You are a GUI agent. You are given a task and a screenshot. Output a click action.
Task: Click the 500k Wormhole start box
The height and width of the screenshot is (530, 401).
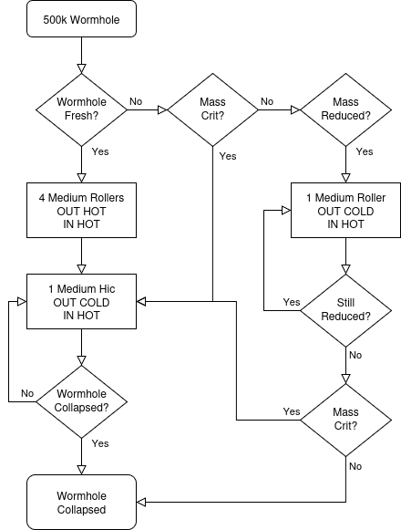[81, 19]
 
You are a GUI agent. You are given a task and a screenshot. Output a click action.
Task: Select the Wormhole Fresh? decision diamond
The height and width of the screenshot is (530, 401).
[81, 109]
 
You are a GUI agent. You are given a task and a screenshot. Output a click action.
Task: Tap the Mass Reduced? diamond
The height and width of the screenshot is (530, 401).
[345, 109]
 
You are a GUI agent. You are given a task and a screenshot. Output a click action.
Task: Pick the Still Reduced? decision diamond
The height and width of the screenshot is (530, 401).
[345, 310]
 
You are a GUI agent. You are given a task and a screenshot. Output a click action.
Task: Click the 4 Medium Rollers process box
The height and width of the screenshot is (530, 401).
[81, 210]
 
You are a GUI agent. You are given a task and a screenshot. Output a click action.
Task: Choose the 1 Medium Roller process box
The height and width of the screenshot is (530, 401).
[345, 210]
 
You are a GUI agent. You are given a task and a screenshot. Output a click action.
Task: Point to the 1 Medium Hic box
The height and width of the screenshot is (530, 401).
[81, 302]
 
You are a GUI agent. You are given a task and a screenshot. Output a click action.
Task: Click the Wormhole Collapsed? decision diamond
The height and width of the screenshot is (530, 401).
[81, 402]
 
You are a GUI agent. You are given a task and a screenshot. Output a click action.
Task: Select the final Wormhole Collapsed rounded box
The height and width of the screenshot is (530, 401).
[81, 502]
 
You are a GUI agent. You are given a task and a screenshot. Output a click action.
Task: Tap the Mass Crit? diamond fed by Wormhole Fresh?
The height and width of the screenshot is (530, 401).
[212, 109]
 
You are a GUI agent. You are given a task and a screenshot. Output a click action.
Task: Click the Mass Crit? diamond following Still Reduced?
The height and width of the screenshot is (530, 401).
[345, 421]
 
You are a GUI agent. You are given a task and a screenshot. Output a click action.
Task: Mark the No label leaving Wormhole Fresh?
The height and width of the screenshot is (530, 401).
[136, 101]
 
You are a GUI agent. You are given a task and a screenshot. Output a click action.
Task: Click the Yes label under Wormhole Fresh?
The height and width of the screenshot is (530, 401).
[100, 151]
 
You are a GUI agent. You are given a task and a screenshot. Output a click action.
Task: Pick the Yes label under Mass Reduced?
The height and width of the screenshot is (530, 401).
[365, 151]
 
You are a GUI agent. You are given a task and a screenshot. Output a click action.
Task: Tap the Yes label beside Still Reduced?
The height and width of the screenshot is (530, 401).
[292, 302]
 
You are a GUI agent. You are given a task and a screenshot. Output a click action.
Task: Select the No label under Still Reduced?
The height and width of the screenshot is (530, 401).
[355, 355]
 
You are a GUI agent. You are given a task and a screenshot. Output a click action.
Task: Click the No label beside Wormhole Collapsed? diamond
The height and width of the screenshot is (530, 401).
[27, 393]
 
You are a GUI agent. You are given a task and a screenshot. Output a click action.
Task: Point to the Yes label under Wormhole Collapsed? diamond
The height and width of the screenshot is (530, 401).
[100, 443]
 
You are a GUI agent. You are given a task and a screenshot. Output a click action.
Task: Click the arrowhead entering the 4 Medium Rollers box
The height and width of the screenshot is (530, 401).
[81, 178]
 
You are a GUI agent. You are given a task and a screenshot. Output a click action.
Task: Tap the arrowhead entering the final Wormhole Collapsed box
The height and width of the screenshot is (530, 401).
[141, 502]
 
